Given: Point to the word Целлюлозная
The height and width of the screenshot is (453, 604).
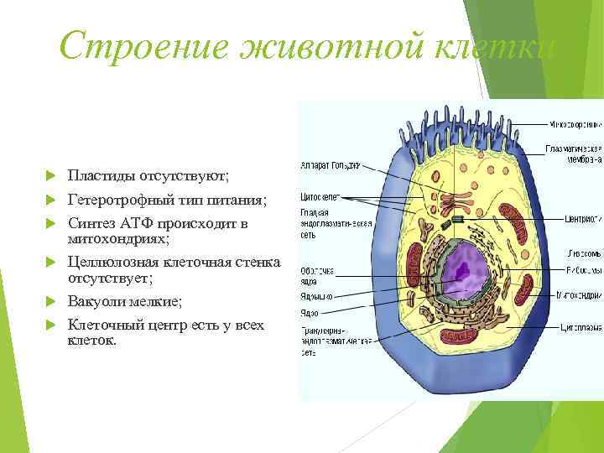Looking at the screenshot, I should (x=112, y=263).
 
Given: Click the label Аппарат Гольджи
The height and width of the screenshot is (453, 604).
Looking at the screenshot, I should (x=331, y=166).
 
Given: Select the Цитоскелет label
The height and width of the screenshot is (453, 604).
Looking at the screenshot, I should (x=319, y=197).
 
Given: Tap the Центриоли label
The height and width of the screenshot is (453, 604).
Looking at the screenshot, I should (x=582, y=219).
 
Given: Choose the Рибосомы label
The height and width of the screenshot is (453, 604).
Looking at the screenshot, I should (x=583, y=271).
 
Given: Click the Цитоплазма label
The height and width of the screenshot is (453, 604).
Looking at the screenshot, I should (x=581, y=320).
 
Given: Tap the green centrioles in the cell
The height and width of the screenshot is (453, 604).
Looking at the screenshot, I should (x=457, y=219).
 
